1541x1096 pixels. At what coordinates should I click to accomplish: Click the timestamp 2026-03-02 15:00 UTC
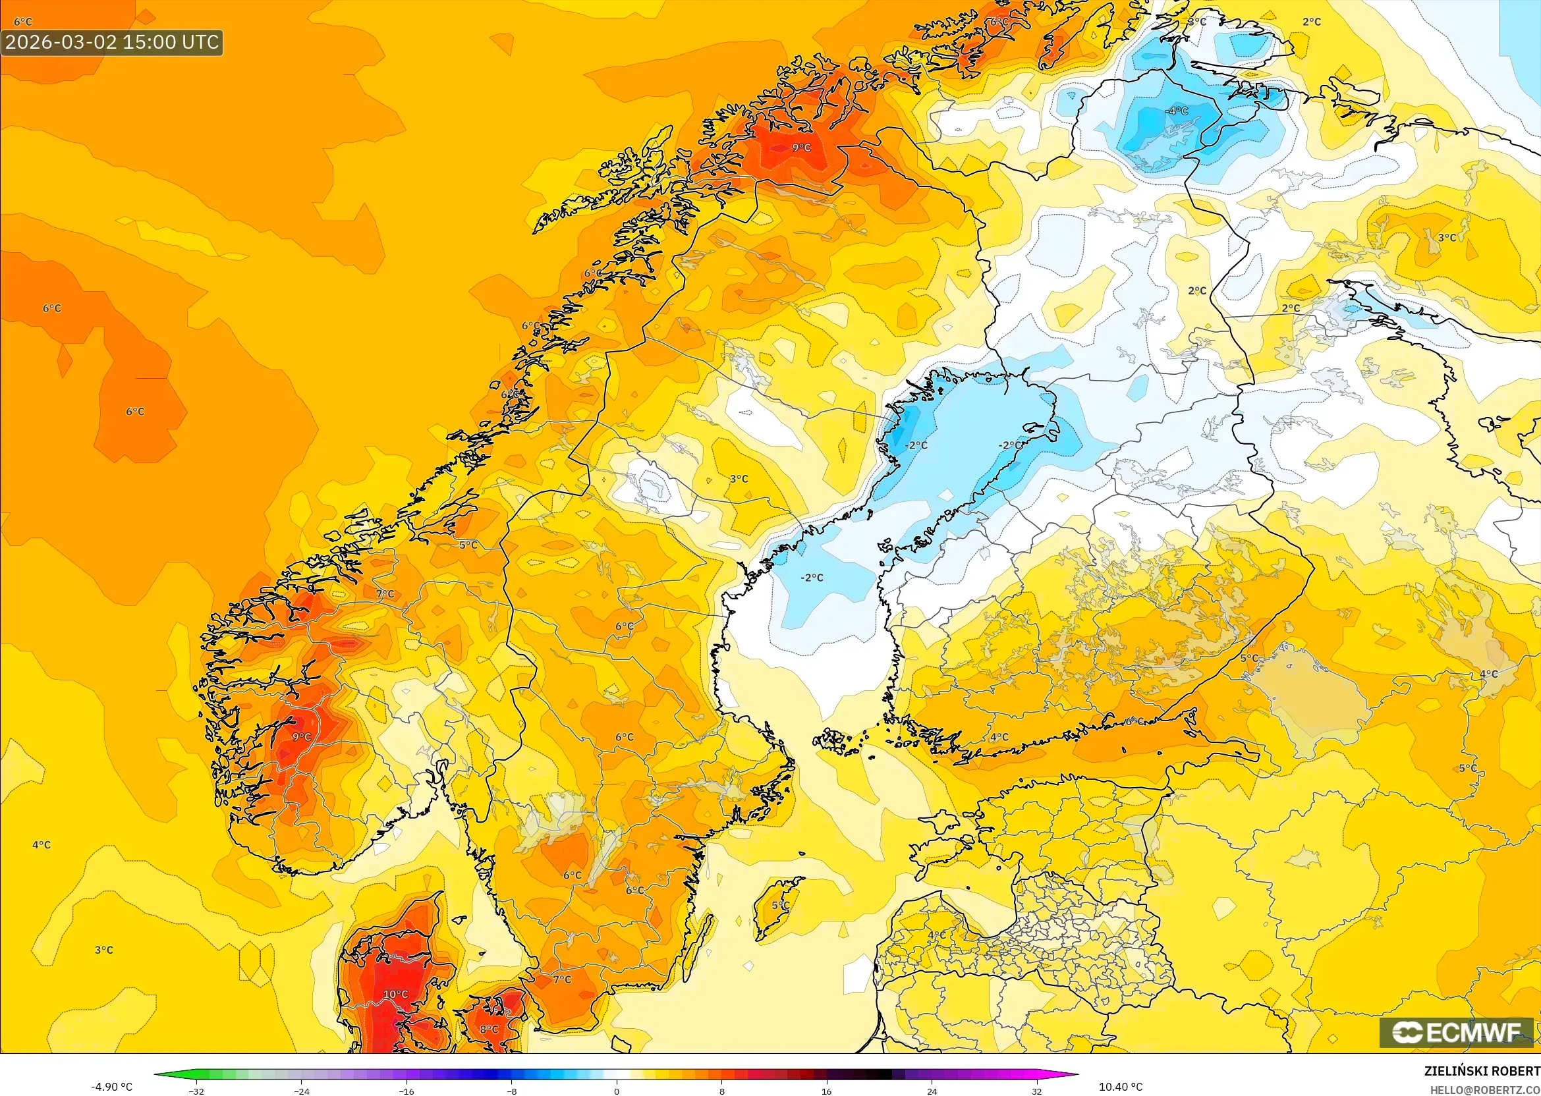point(112,42)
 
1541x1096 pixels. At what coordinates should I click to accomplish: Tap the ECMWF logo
point(1456,1032)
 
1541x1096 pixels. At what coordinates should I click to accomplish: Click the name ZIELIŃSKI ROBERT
point(1482,1071)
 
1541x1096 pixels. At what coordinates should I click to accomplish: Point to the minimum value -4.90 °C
point(111,1087)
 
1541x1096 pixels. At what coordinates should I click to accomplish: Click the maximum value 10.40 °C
point(1121,1087)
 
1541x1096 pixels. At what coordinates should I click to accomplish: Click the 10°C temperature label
point(395,994)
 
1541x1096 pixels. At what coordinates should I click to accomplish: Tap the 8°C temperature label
point(489,1029)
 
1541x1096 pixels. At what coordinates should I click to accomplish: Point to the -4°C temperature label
point(1177,111)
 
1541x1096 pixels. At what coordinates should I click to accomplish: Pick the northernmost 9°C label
point(801,147)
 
